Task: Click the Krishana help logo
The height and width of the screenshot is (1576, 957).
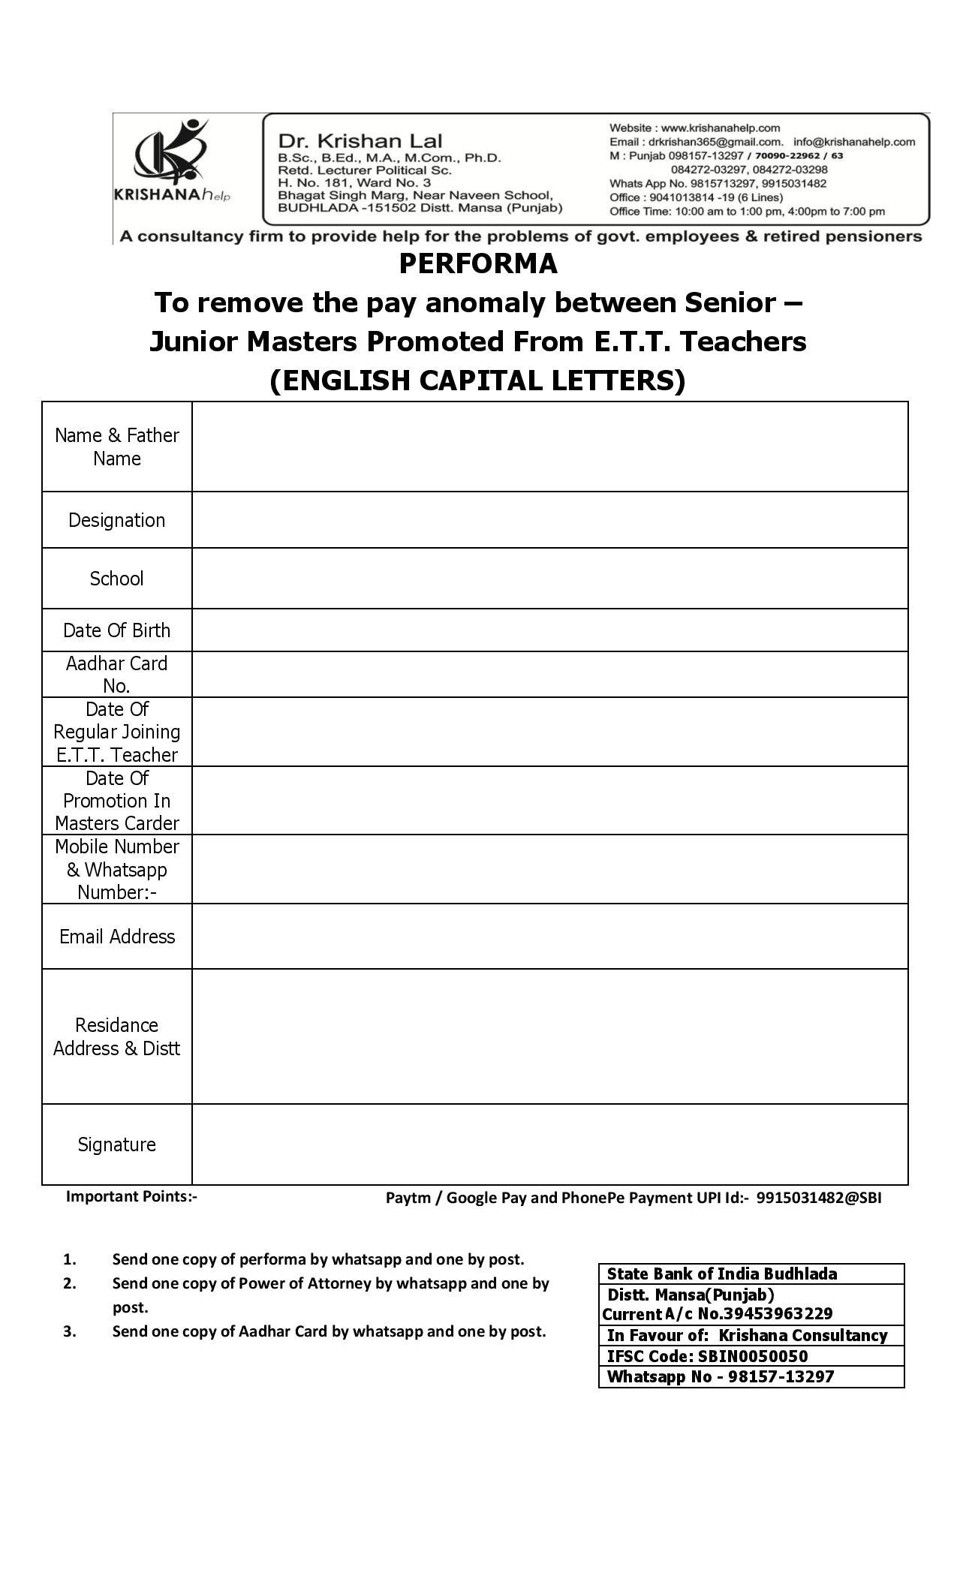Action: coord(172,161)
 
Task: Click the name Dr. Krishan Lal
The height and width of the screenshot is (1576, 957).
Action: coord(360,141)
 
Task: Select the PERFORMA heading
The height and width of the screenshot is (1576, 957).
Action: coord(478,264)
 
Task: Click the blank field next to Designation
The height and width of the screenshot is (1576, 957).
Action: coord(549,520)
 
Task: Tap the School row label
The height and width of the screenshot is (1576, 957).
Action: coord(116,579)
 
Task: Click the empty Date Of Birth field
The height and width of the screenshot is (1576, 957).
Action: coord(549,630)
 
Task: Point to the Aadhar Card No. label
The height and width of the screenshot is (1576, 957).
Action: coord(116,675)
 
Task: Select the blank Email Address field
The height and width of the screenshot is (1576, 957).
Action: coord(549,937)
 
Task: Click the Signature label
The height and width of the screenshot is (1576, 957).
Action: coord(116,1144)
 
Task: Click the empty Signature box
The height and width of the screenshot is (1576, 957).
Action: coord(549,1144)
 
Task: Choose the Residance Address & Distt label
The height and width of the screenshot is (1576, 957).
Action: coord(116,1036)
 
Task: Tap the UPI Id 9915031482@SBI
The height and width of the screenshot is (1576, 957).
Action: coord(819,1198)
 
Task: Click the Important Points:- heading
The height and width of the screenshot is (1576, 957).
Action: coord(131,1196)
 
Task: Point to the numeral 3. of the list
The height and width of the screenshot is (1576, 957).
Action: coord(70,1331)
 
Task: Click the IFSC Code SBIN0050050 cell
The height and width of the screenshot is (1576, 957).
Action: coord(751,1356)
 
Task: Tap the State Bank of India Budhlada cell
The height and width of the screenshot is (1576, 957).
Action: coord(751,1274)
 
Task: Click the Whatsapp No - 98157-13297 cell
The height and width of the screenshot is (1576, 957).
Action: coord(751,1376)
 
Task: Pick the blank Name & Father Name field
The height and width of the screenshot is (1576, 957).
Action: coord(549,447)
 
